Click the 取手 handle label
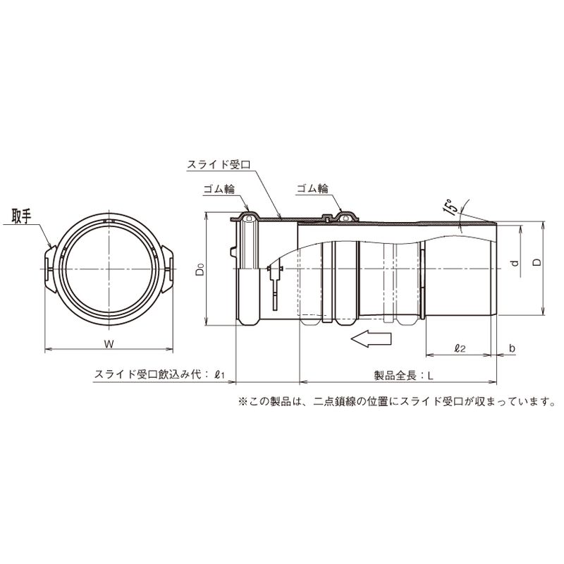click(x=22, y=216)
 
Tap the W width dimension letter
click(x=109, y=344)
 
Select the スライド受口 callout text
click(x=219, y=165)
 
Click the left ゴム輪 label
click(x=219, y=189)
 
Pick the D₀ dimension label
click(x=200, y=269)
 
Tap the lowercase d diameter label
click(x=516, y=263)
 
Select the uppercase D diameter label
click(x=537, y=262)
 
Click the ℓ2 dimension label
click(x=460, y=348)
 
